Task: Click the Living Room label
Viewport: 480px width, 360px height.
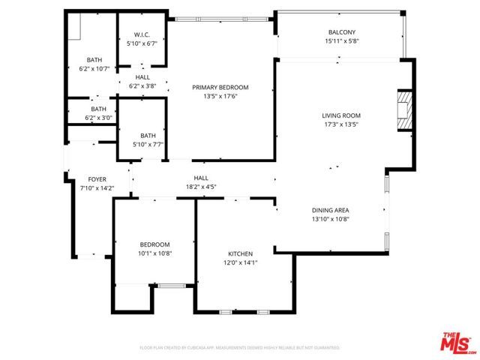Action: click(341, 115)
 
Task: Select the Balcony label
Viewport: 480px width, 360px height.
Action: click(341, 32)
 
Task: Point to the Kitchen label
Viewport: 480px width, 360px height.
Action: click(240, 253)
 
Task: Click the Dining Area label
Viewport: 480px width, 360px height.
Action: click(331, 210)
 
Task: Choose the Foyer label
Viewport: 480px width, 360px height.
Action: click(97, 179)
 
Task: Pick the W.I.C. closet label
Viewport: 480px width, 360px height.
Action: click(142, 35)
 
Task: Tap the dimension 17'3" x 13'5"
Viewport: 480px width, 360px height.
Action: click(341, 124)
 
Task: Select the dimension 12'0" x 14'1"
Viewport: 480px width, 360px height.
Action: click(240, 262)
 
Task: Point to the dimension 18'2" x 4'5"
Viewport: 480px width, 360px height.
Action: click(201, 187)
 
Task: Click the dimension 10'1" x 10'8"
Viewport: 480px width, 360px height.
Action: click(154, 253)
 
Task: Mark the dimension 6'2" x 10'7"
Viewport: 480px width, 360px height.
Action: click(94, 68)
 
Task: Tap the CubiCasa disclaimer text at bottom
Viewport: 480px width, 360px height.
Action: click(240, 348)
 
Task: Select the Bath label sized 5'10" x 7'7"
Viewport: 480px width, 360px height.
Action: click(148, 136)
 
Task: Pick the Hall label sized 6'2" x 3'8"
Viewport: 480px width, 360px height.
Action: click(142, 77)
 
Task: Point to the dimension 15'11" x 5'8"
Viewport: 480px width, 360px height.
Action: click(341, 41)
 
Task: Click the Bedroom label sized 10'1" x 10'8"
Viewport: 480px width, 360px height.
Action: click(154, 244)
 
